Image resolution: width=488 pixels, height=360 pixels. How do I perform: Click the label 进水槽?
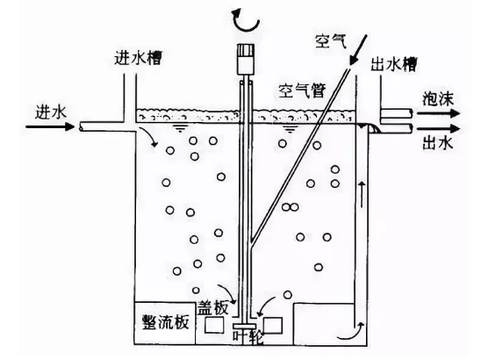(x=138, y=58)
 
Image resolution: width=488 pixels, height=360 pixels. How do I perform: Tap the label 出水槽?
(x=394, y=65)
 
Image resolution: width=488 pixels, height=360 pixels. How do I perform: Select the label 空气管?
(x=302, y=91)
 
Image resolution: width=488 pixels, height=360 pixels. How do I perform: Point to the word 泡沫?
(x=438, y=99)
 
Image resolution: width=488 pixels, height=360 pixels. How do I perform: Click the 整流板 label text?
(x=166, y=322)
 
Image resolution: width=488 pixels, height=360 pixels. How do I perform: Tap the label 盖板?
(x=213, y=308)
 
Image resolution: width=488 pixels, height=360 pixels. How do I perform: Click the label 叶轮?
(x=248, y=337)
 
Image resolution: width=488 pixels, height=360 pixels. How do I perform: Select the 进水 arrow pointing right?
(x=50, y=126)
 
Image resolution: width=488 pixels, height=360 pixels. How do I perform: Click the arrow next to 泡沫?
(x=438, y=113)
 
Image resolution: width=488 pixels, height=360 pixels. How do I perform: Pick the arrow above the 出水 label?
(x=438, y=128)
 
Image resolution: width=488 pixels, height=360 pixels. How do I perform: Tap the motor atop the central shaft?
(x=246, y=59)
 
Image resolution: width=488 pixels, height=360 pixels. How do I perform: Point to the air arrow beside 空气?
(x=358, y=50)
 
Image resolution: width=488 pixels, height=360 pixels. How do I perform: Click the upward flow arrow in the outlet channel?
(x=362, y=194)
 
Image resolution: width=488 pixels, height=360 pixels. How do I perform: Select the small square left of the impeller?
(x=214, y=325)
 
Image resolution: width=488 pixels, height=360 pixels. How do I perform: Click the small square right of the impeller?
(x=273, y=326)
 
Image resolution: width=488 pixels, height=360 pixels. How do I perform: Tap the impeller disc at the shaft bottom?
(x=245, y=326)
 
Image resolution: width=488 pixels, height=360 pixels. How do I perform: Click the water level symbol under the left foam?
(x=180, y=128)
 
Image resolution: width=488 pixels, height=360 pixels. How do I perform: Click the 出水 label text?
(x=437, y=144)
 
